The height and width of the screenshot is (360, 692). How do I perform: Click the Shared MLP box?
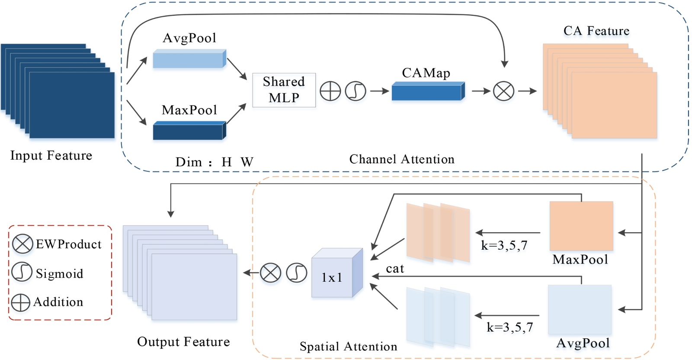coord(284,90)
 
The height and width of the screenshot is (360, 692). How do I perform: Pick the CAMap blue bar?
coord(427,92)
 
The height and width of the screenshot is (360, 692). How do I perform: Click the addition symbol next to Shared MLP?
coord(330,91)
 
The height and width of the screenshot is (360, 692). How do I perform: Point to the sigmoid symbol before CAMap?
coord(356,91)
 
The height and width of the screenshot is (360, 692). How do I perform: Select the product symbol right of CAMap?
coord(504,91)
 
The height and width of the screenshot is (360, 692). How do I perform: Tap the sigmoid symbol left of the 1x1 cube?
coord(297,273)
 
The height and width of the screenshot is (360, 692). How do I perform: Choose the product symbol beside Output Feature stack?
coord(271,273)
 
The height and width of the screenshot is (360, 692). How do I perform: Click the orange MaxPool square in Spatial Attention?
coord(581,226)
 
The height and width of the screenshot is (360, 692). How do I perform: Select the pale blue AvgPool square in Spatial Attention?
coord(580,309)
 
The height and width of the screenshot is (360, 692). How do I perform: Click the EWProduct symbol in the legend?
coord(22,244)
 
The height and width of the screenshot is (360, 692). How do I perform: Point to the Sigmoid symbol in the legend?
coord(22,273)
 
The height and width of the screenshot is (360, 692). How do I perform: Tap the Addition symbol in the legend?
coord(21,302)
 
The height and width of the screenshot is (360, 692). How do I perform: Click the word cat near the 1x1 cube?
coord(395,269)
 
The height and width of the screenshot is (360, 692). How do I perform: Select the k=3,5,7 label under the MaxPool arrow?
coord(504,246)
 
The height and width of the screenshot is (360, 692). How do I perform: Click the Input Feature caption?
coord(51,155)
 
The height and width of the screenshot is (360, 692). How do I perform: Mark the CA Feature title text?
coord(596,31)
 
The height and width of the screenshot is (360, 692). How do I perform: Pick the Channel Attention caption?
coord(402,159)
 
